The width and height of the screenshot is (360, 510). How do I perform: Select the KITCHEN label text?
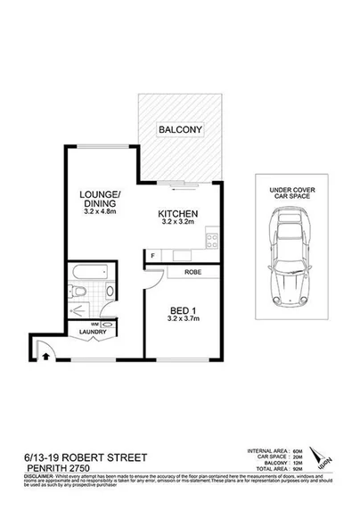coord(177,214)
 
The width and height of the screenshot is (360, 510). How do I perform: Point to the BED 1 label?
coord(184,313)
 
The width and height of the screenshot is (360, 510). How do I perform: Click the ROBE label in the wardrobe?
coord(192,273)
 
